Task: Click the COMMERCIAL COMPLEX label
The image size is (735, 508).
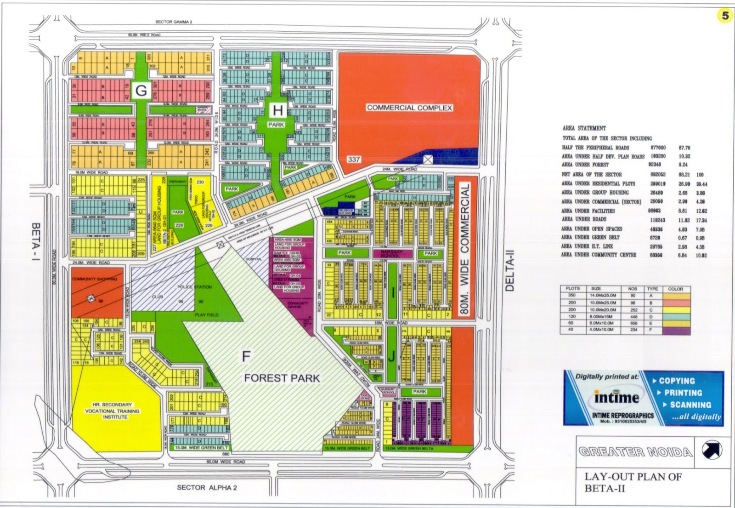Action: pos(409,108)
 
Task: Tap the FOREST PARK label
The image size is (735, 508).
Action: pos(282,378)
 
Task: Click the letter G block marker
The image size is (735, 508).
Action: pos(141,91)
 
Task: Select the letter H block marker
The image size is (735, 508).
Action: pos(277,110)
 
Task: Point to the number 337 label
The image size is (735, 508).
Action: pos(353,160)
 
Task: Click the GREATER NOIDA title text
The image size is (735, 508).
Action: pos(636,451)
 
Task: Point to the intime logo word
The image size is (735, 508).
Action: pos(616,397)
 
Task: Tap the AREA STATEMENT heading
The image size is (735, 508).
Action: pos(584,128)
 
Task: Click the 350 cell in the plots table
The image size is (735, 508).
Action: pos(571,295)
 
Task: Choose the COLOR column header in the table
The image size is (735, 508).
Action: pos(675,289)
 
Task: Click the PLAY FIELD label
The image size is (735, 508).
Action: pos(206,315)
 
